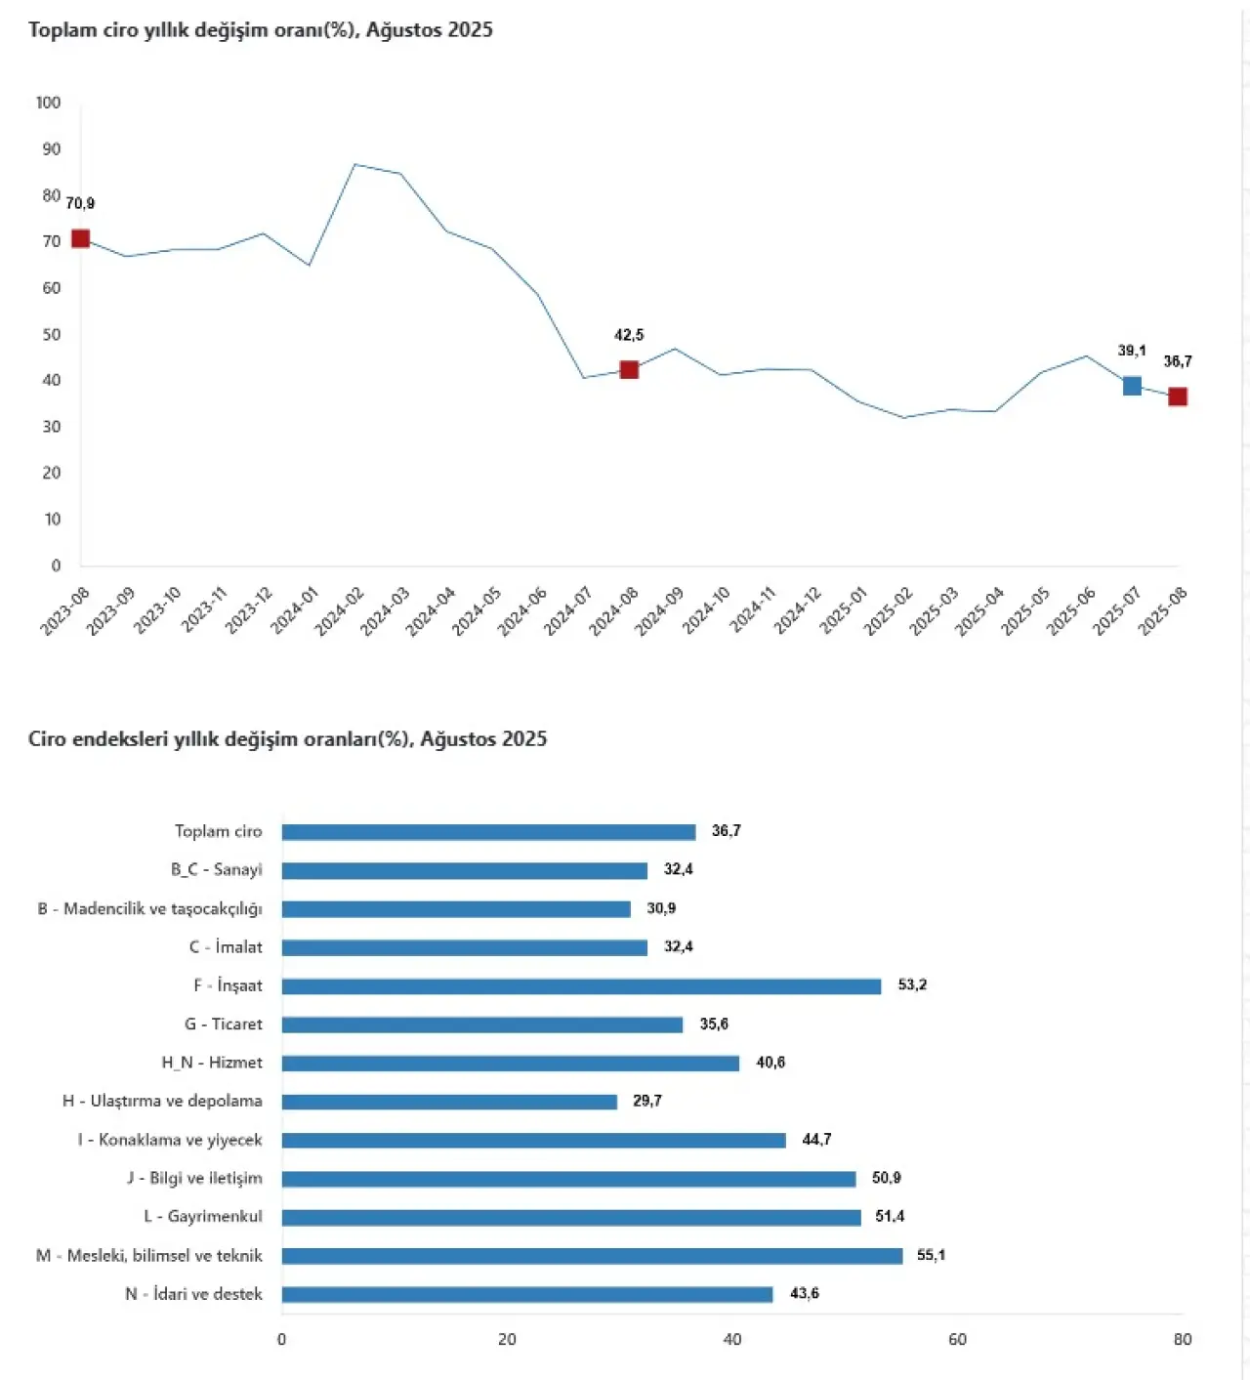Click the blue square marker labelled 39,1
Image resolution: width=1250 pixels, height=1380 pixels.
tap(1132, 386)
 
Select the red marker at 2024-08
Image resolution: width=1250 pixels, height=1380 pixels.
tap(629, 369)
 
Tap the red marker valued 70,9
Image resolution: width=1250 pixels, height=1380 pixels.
tap(81, 238)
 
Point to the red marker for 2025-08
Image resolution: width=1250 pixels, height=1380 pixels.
tap(1178, 397)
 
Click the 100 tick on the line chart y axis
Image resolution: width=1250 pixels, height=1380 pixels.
tap(48, 103)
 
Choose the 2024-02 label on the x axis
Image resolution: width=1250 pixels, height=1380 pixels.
tap(340, 611)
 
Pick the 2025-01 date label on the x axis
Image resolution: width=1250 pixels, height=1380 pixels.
tap(843, 611)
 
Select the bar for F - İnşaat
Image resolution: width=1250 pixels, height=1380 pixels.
tap(581, 986)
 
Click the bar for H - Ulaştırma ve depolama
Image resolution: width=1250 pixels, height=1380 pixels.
tap(449, 1102)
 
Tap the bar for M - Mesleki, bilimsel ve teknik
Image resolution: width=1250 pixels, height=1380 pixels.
tap(592, 1256)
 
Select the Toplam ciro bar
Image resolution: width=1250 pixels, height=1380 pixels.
tap(488, 832)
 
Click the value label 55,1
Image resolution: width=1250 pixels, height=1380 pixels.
tap(931, 1255)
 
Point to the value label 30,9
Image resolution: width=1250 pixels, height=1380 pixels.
tap(661, 908)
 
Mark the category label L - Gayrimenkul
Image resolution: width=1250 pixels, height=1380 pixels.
tap(203, 1217)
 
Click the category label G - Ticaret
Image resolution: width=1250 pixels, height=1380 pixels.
tap(224, 1025)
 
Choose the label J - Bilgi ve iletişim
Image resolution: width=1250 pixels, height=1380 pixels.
tap(194, 1178)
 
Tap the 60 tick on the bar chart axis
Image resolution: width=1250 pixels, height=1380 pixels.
tap(957, 1340)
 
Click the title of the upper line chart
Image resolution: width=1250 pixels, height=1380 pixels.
tap(261, 30)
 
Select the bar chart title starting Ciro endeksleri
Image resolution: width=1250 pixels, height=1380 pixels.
tap(287, 739)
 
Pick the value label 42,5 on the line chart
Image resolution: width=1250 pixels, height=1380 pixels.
tap(629, 335)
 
